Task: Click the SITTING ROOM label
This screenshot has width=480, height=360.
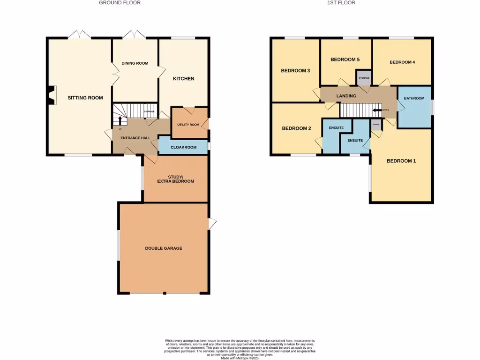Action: (85, 98)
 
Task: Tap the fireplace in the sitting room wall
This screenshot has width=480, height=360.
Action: (52, 95)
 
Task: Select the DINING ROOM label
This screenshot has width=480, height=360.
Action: (135, 63)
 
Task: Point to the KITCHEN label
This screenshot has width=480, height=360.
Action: (183, 79)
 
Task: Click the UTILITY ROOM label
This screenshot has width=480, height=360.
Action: (188, 125)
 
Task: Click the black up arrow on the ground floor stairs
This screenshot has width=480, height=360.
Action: (120, 120)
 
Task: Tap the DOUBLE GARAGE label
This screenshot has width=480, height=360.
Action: (163, 248)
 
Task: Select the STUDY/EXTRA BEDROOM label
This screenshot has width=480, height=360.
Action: (175, 179)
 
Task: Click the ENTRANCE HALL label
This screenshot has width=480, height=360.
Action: (135, 138)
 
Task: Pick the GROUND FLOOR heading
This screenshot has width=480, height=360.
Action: (120, 3)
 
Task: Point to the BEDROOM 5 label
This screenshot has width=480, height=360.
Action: (345, 60)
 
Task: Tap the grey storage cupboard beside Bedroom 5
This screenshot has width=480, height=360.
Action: (364, 78)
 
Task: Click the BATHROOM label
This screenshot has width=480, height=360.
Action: (414, 98)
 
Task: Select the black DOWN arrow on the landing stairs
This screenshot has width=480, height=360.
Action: (377, 111)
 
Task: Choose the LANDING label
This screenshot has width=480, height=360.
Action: (346, 96)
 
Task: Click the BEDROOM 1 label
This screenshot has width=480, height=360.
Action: (401, 161)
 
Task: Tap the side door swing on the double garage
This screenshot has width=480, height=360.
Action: (212, 224)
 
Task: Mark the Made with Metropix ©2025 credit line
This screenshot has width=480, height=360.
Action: (240, 358)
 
